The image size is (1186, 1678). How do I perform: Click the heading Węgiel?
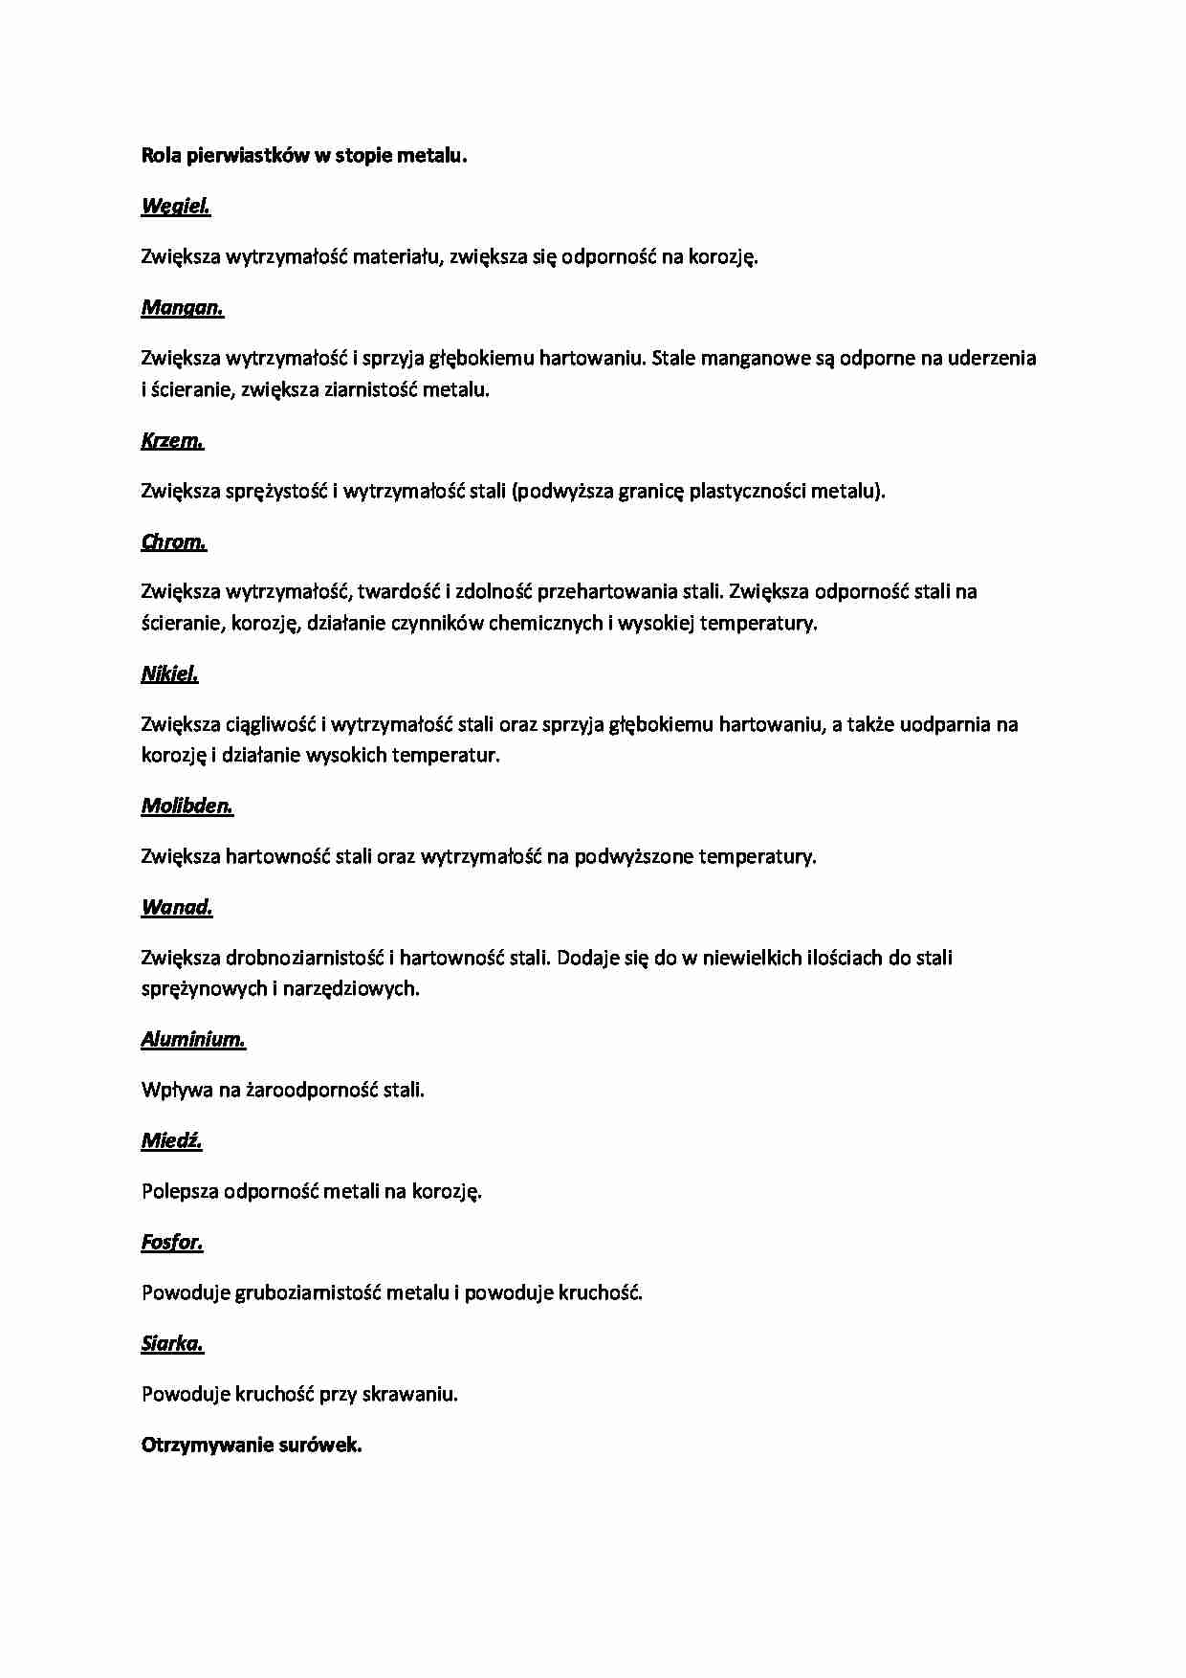(x=176, y=206)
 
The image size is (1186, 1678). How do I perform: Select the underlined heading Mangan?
(x=183, y=307)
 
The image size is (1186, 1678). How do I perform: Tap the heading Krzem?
(x=172, y=440)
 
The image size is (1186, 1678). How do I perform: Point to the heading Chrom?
(x=174, y=541)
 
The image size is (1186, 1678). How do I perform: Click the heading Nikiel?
(x=170, y=673)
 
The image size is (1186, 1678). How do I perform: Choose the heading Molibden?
(x=187, y=806)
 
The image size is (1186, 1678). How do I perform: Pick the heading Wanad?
(x=177, y=907)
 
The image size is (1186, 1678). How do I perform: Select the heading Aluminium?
(x=193, y=1039)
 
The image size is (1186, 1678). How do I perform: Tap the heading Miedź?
(x=172, y=1140)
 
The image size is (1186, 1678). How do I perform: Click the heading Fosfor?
(x=172, y=1242)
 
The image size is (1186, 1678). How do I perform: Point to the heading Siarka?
(x=173, y=1343)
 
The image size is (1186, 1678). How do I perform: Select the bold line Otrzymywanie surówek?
(x=252, y=1445)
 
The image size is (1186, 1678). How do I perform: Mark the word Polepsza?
(x=180, y=1191)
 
